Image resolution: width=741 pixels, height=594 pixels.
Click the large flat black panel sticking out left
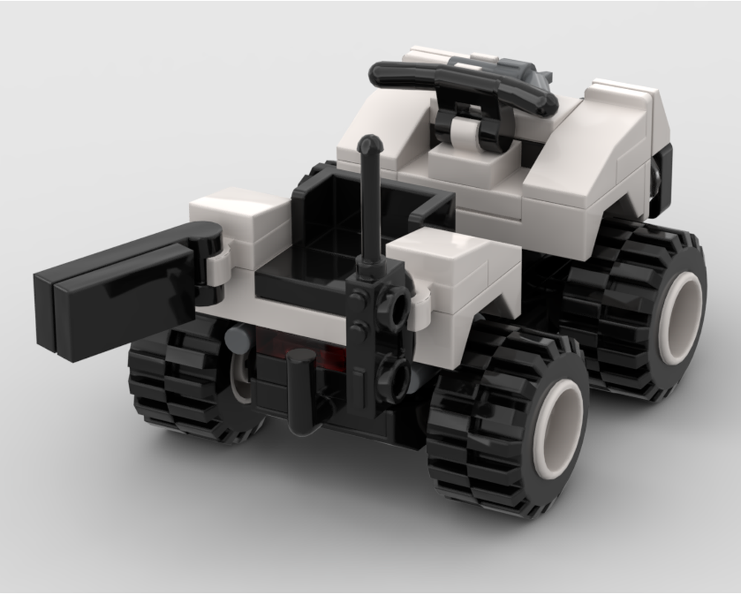pos(111,293)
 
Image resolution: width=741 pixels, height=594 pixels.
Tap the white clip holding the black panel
pos(217,267)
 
